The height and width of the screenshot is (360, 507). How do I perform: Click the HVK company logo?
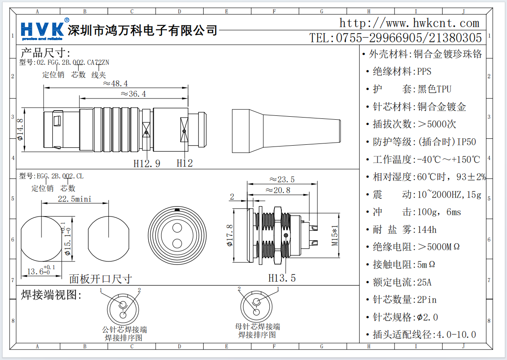coord(44,29)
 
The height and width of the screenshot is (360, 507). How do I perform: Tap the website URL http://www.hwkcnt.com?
coord(409,23)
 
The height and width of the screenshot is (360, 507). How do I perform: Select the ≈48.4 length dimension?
coord(115,83)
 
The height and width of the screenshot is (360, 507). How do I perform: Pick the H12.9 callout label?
coord(147,163)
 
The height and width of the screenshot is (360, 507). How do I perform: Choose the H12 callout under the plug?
coord(185,163)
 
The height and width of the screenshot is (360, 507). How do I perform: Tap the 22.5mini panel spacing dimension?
coord(74,199)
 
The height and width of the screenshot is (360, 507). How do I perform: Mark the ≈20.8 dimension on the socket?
coord(277,190)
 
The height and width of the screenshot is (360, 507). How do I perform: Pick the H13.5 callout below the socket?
coord(282,278)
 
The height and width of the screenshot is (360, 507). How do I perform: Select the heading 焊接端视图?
coord(51,295)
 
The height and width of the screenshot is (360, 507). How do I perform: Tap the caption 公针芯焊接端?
coord(124,330)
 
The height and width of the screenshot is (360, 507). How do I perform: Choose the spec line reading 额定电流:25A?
coord(402,282)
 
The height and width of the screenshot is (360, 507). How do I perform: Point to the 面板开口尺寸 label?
coord(100,279)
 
